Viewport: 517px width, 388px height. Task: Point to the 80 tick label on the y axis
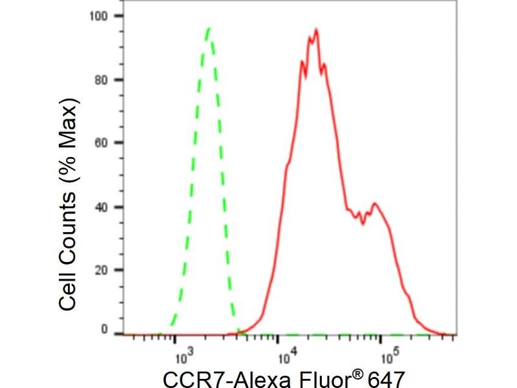coord(101,80)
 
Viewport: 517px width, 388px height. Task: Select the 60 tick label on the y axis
coord(101,143)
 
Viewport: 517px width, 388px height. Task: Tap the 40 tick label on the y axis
coord(101,207)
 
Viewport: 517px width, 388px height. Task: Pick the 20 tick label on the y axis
coord(101,270)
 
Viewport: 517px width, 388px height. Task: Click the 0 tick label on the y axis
coord(105,330)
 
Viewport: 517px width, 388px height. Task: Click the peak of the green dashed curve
coord(209,28)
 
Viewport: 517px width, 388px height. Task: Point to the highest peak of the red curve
coord(315,29)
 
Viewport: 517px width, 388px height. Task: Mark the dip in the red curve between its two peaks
coord(363,224)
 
